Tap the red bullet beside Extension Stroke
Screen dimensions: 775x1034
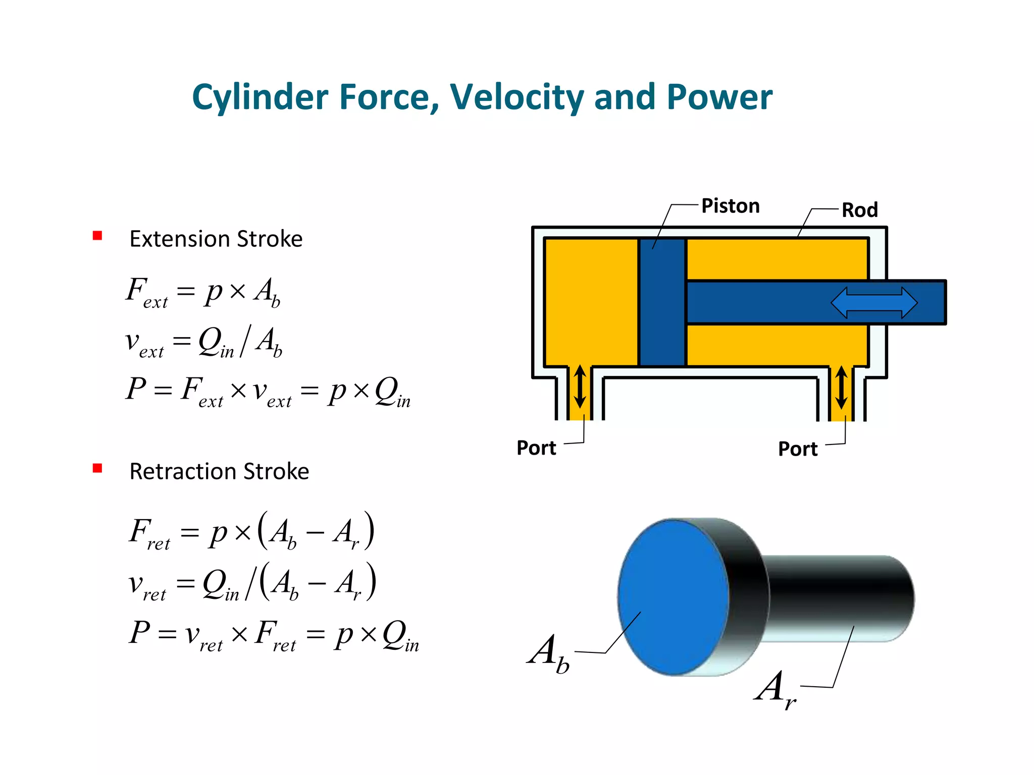[97, 236]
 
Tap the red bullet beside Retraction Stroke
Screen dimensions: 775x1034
[97, 468]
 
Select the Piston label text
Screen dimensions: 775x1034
[730, 206]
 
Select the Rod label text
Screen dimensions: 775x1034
[859, 210]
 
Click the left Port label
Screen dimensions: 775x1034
[536, 448]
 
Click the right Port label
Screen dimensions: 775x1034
[797, 449]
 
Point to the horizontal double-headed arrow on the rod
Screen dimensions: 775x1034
[874, 303]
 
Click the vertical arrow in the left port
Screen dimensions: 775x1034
[580, 386]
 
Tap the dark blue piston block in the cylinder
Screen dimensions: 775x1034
[662, 303]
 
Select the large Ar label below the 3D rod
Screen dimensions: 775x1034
[775, 689]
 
